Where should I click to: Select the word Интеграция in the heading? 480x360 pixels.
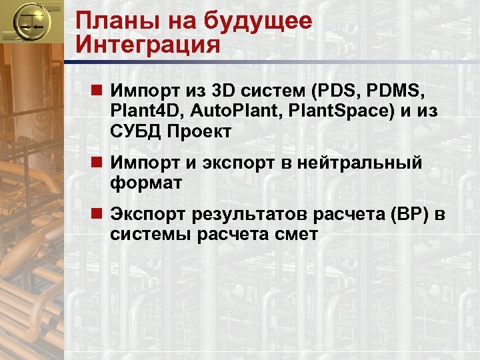click(x=147, y=45)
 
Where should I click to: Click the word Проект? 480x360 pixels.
click(x=202, y=132)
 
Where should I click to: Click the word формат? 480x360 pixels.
click(x=146, y=183)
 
